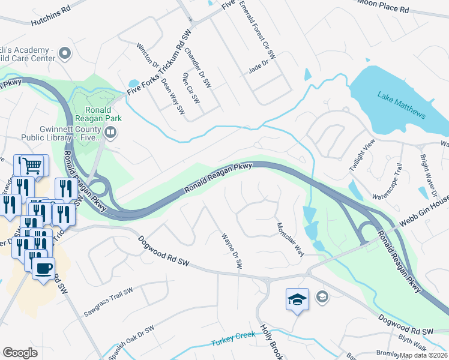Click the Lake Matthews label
402,105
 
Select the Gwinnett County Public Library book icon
110,131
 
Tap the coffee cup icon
43,268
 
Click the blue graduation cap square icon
297,298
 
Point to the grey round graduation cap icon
322,296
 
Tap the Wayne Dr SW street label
232,250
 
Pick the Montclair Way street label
290,239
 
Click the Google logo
20,353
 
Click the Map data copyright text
423,355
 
